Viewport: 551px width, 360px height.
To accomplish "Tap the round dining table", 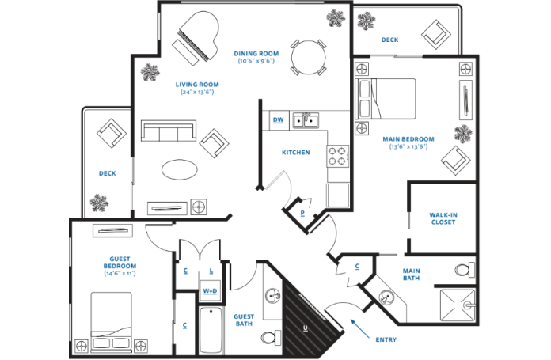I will point(307,56).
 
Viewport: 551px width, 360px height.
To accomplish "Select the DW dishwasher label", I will point(278,120).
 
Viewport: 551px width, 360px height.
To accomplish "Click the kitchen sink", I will point(306,120).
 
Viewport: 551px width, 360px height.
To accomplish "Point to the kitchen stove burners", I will point(337,156).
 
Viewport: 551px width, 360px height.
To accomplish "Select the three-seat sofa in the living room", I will point(168,131).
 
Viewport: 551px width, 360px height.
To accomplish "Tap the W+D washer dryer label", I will point(210,291).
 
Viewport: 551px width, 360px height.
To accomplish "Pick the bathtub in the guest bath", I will point(211,331).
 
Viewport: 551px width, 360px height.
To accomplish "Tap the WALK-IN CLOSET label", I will point(443,218).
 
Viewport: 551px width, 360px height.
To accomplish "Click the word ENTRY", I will point(386,340).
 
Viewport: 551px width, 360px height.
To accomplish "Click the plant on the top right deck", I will point(366,21).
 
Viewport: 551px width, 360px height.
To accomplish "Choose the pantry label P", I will point(302,213).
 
